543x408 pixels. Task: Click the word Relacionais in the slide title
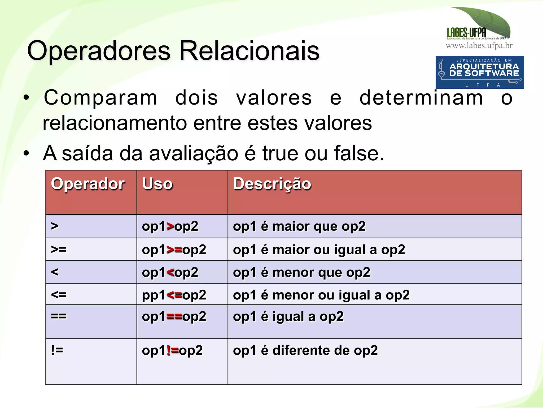pyautogui.click(x=249, y=51)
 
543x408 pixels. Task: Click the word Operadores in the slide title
pyautogui.click(x=99, y=51)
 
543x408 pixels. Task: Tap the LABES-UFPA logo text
pyautogui.click(x=466, y=32)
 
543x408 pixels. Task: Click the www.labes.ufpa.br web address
pyautogui.click(x=479, y=46)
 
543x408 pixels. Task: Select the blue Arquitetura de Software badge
pyautogui.click(x=479, y=72)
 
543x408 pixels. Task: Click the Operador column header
pyautogui.click(x=88, y=184)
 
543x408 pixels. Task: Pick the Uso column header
pyautogui.click(x=157, y=184)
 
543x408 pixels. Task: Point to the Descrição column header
pyautogui.click(x=272, y=184)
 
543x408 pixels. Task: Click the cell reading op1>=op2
pyautogui.click(x=174, y=250)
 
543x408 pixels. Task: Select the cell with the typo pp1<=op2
pyautogui.click(x=174, y=295)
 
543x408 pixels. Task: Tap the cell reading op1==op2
pyautogui.click(x=174, y=316)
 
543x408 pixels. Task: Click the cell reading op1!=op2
pyautogui.click(x=172, y=350)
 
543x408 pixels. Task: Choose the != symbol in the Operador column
pyautogui.click(x=57, y=350)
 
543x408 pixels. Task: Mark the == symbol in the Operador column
pyautogui.click(x=59, y=316)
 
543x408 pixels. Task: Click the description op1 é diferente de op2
pyautogui.click(x=305, y=350)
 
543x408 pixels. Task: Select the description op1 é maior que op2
pyautogui.click(x=299, y=226)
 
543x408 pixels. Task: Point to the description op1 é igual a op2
pyautogui.click(x=288, y=316)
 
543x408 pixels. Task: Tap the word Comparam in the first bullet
pyautogui.click(x=100, y=98)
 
